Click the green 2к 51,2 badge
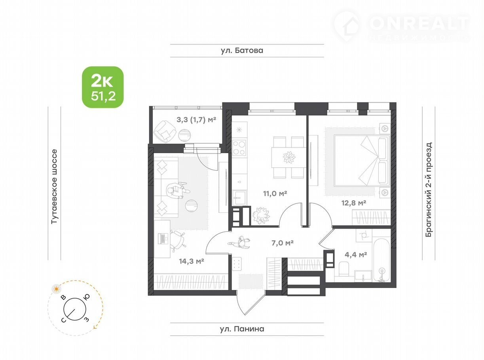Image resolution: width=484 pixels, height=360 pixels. click(102, 87)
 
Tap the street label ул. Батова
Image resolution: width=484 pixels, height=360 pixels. click(242, 51)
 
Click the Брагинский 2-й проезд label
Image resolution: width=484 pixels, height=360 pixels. click(429, 189)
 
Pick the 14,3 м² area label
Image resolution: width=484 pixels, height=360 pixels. click(192, 261)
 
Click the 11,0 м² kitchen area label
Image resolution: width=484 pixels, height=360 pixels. click(275, 193)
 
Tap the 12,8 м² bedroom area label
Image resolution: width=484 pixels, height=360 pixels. click(353, 203)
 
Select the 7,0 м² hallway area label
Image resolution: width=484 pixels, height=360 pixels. click(283, 243)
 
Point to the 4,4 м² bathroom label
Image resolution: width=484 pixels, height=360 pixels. click(356, 254)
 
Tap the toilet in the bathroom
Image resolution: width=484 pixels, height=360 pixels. click(344, 269)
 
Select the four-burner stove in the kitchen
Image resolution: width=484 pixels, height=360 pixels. click(239, 148)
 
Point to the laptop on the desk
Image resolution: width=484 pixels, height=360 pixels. click(163, 239)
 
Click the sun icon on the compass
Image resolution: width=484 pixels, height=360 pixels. click(57, 289)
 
